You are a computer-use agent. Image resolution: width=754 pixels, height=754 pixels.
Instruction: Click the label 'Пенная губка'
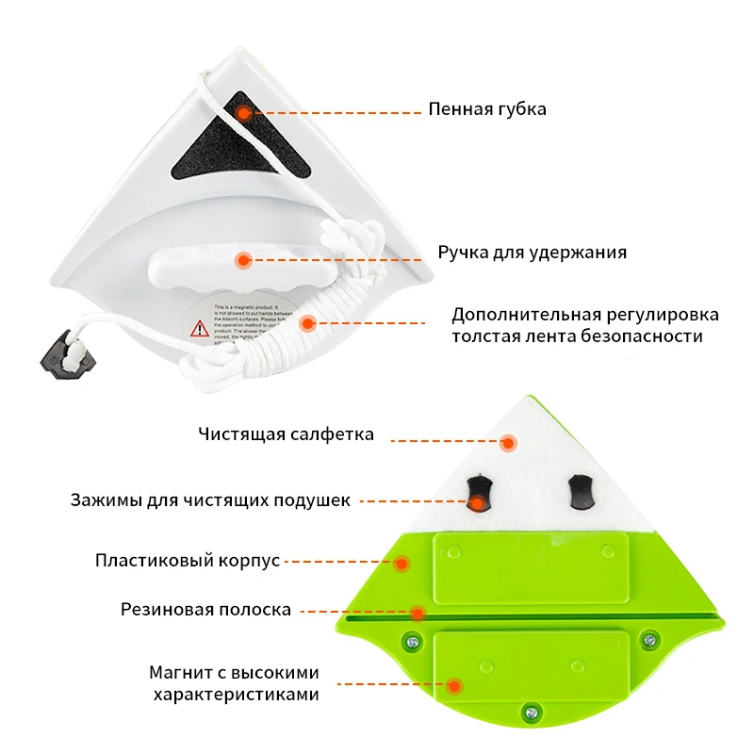[487, 109]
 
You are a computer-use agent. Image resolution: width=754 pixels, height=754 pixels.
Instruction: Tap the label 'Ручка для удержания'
[532, 253]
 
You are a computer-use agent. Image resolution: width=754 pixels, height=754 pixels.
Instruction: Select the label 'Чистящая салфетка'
[286, 434]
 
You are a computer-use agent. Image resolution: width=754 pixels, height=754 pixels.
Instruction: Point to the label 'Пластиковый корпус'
[188, 561]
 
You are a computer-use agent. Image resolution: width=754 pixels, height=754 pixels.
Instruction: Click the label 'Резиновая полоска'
[205, 609]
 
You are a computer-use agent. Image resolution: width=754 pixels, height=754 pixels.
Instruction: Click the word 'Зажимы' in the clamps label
[102, 500]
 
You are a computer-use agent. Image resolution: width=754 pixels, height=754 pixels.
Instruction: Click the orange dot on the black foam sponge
[243, 113]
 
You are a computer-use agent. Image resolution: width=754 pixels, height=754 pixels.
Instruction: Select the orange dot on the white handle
[243, 258]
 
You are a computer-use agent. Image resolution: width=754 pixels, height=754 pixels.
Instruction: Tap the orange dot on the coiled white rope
[306, 323]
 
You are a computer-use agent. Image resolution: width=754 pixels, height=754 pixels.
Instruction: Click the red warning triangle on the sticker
[200, 328]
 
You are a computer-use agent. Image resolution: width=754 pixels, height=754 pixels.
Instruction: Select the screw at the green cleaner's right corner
[648, 642]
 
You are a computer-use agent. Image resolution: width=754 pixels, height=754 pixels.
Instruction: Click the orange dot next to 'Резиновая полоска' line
[417, 613]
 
